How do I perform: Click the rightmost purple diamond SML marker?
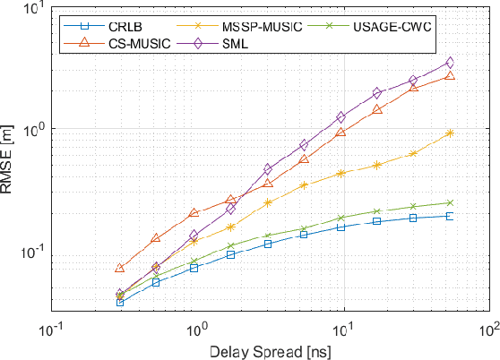pos(450,63)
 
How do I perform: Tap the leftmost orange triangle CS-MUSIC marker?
pos(120,268)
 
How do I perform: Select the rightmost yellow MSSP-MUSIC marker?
pos(450,133)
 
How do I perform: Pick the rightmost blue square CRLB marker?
pos(450,216)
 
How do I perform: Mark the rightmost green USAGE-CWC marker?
pos(450,202)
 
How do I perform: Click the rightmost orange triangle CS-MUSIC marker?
pos(450,76)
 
